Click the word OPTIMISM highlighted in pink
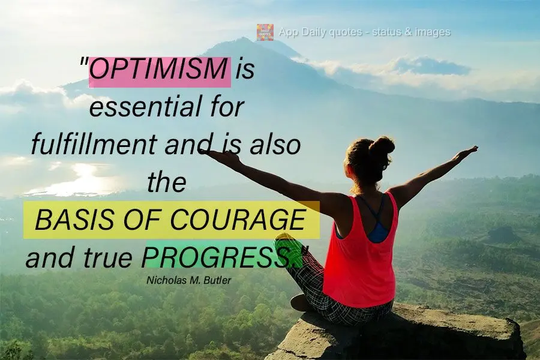(160, 71)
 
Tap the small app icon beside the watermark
(265, 32)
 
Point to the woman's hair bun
(382, 146)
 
